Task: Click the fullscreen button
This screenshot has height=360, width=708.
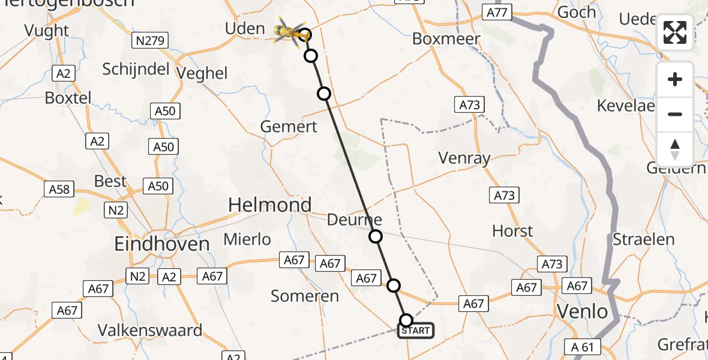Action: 675,32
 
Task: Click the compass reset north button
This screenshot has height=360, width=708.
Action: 675,149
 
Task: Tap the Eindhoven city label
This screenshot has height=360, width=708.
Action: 162,244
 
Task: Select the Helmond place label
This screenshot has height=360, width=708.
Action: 269,206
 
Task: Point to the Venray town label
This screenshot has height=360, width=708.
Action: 464,158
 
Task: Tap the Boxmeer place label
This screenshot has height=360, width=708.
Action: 446,39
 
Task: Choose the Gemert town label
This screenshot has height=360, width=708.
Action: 289,127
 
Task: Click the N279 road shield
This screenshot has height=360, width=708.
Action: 150,41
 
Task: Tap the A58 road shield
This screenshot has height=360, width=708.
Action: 59,190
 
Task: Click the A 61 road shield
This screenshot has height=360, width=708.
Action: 582,346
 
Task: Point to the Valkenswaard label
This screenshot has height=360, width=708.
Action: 150,331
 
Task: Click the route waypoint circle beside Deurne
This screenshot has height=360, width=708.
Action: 376,236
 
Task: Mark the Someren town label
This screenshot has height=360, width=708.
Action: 305,296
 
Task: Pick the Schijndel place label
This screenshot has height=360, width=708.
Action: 136,69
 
